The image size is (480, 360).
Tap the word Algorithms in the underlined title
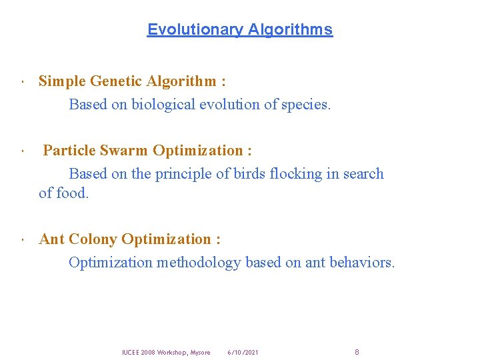(x=290, y=29)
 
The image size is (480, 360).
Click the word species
(x=305, y=105)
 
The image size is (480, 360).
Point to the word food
(x=73, y=193)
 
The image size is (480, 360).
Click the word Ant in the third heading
(x=52, y=239)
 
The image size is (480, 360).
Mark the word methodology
(x=198, y=263)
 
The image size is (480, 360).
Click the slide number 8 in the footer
(x=357, y=352)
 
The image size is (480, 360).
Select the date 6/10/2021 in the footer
(x=243, y=352)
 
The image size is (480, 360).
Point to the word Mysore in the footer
(x=200, y=352)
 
